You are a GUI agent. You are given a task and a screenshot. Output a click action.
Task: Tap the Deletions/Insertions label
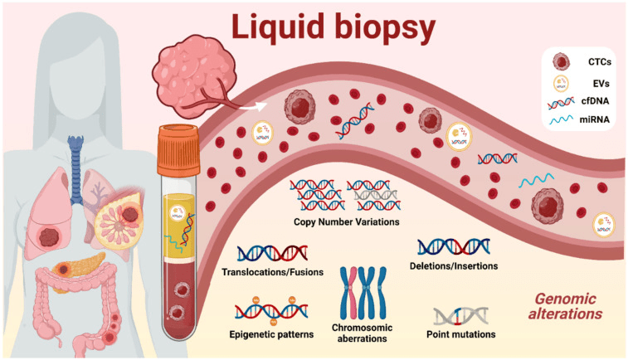click(x=453, y=266)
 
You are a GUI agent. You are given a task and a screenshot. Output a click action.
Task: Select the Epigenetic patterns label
click(x=272, y=334)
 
